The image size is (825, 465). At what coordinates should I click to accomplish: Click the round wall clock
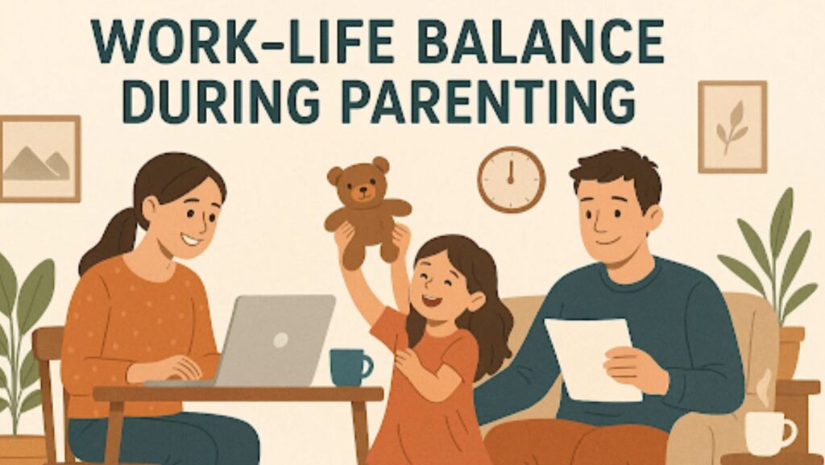tap(511, 180)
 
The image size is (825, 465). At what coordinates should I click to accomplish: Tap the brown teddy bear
tap(367, 210)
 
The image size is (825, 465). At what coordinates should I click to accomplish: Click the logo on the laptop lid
tap(280, 340)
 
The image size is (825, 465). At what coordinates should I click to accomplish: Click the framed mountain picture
tap(40, 158)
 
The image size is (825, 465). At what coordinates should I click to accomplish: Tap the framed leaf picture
tap(732, 127)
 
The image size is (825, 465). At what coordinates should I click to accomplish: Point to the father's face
tap(612, 218)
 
